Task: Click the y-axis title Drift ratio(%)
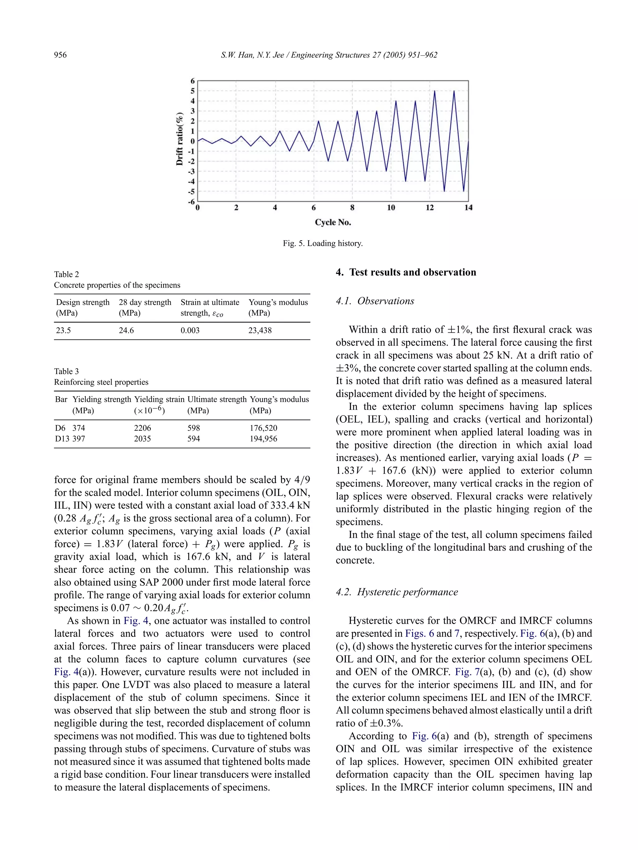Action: [179, 139]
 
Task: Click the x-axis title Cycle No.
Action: [333, 222]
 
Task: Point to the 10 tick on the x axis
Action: [391, 208]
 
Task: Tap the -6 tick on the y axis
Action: [191, 201]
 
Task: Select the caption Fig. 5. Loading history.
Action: [323, 243]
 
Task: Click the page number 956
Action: [60, 55]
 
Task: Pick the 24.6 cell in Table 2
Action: [126, 331]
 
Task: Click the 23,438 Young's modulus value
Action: [260, 331]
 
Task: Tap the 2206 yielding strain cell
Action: [142, 428]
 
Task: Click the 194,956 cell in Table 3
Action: [264, 439]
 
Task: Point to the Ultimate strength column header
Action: [217, 400]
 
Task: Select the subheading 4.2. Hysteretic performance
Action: [397, 592]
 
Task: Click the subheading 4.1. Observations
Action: [375, 301]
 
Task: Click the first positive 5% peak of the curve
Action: [435, 91]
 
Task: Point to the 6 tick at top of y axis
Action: [193, 81]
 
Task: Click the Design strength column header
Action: [83, 303]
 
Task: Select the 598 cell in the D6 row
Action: [193, 428]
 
